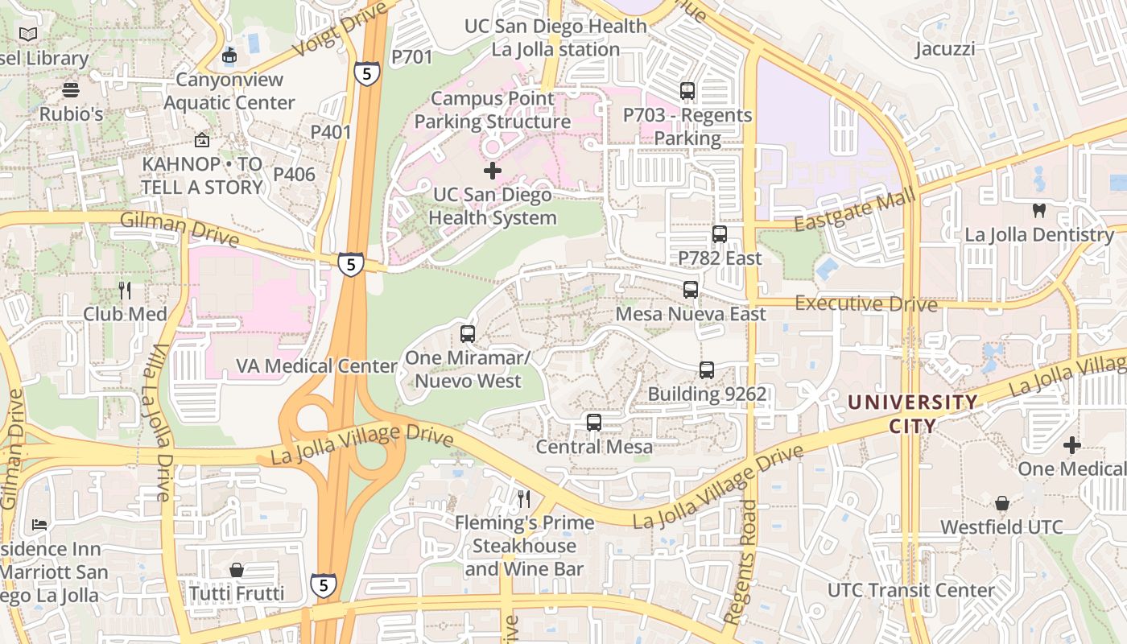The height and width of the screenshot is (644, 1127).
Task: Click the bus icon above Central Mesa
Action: click(594, 422)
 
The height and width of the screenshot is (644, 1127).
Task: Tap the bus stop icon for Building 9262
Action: click(707, 370)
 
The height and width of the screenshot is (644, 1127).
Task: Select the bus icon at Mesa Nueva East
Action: click(691, 290)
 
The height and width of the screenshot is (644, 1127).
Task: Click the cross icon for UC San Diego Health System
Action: click(493, 171)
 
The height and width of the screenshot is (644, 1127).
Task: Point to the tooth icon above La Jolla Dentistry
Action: click(1039, 211)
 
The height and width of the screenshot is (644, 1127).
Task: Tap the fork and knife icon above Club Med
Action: click(125, 291)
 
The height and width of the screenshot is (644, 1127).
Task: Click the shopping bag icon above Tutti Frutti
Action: click(237, 570)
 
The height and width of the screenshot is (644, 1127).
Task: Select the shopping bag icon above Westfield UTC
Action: click(1002, 503)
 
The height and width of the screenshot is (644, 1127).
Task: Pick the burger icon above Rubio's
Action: click(71, 90)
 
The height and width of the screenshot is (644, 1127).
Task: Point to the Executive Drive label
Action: click(866, 304)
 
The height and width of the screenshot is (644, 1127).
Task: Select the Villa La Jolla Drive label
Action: click(160, 423)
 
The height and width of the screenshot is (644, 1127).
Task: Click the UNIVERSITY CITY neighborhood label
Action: click(913, 414)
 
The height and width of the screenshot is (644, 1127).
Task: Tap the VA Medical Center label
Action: click(316, 366)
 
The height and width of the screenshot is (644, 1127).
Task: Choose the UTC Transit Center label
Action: click(911, 590)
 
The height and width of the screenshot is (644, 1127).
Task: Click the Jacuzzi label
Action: click(945, 49)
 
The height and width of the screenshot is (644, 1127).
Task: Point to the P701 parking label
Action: click(411, 57)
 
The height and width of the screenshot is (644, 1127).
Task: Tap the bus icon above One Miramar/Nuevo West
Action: click(468, 334)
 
